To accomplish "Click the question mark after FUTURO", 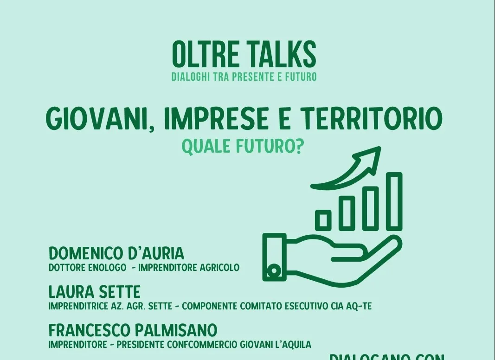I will [300, 146].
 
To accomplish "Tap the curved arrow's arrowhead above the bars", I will [371, 155].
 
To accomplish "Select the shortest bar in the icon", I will [323, 220].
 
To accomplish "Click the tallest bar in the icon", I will [394, 201].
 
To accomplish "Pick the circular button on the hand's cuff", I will [274, 270].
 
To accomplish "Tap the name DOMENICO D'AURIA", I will [116, 253].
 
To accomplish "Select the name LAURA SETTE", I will [95, 292].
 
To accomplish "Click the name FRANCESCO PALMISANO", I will [133, 330].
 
